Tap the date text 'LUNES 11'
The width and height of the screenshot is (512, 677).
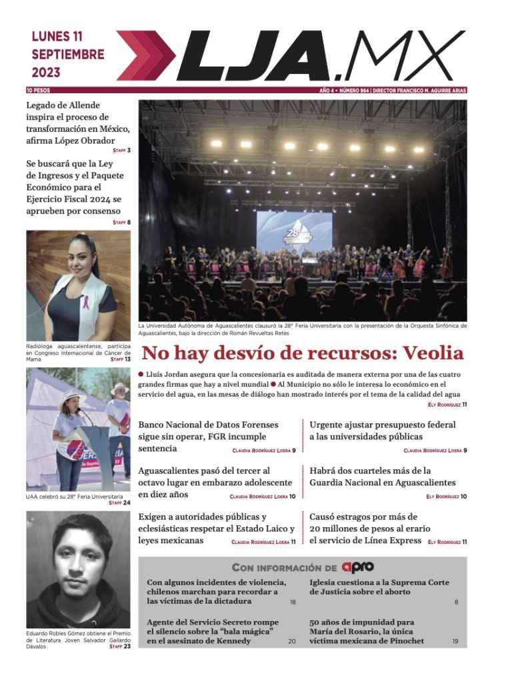pos(57,37)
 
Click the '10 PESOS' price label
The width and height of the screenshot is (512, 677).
pos(38,90)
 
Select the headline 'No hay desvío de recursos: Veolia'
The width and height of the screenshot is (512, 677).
pos(302,352)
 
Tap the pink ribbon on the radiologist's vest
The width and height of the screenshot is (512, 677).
pos(86,303)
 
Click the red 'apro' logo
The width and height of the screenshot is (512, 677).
pos(357,567)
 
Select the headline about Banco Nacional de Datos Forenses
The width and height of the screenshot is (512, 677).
pos(208,436)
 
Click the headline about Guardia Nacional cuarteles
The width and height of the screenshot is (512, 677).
pos(382,476)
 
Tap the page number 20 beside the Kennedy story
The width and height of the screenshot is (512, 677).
pos(291,641)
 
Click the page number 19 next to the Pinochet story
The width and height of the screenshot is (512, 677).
pos(455,641)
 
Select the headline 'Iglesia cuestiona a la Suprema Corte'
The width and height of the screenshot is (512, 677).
pos(379,586)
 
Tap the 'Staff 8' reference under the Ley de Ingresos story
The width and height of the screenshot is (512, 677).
pos(121,222)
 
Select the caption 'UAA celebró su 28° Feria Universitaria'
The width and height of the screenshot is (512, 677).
pos(74,497)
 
